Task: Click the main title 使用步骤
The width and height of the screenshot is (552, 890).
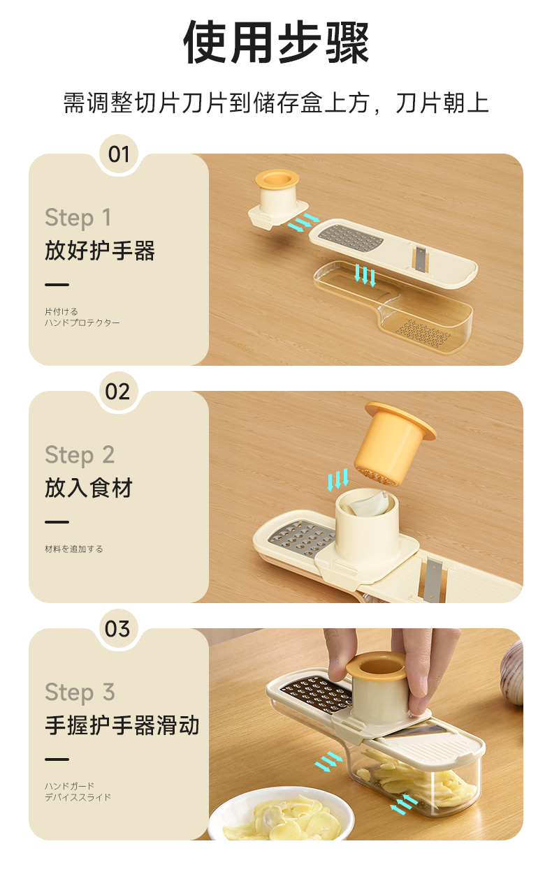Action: coord(277,42)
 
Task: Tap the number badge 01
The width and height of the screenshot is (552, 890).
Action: coord(119,154)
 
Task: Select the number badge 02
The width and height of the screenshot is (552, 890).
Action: coord(117,392)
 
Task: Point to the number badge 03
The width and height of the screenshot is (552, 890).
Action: coord(117,629)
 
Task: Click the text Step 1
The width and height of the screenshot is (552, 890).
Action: coord(78,218)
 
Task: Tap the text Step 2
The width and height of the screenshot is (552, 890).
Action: coord(80,455)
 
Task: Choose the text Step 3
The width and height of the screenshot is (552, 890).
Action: coord(80,692)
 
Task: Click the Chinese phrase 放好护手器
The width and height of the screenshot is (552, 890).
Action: coord(100,251)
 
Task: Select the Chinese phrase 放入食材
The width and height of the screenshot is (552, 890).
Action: coord(89,488)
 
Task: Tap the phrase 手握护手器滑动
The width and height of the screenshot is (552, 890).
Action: coord(122,725)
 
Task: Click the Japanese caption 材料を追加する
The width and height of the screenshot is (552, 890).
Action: coord(74,549)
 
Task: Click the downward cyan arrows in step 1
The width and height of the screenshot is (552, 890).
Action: coord(365,275)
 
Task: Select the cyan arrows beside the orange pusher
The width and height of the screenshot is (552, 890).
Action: coord(338,480)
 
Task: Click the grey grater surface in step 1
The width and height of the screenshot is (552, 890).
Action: coord(351,239)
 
